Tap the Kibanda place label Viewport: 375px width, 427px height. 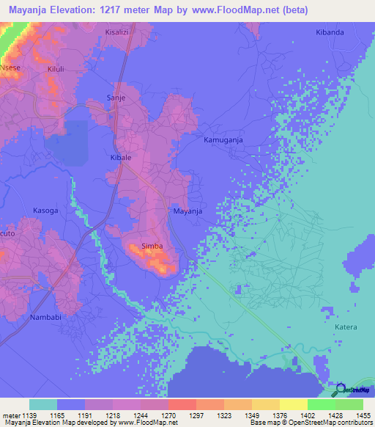pyautogui.click(x=329, y=33)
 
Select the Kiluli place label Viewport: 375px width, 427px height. pyautogui.click(x=56, y=69)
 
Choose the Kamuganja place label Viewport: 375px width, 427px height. pyautogui.click(x=221, y=139)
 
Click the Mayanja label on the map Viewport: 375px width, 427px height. pyautogui.click(x=187, y=211)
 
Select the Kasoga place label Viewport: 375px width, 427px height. pyautogui.click(x=45, y=211)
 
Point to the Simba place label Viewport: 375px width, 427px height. pyautogui.click(x=152, y=249)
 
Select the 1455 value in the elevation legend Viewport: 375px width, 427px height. pyautogui.click(x=355, y=415)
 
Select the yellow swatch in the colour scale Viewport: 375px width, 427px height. pyautogui.click(x=294, y=404)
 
